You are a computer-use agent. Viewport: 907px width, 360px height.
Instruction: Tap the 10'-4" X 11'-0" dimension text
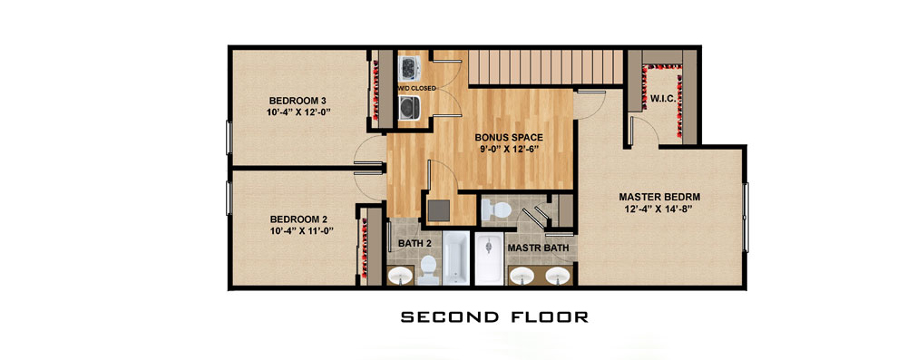click(x=303, y=230)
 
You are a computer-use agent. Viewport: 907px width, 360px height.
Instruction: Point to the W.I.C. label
click(x=663, y=99)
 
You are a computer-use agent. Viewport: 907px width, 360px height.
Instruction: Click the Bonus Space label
click(x=509, y=138)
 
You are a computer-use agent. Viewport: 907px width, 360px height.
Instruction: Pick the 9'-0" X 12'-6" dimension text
click(x=509, y=150)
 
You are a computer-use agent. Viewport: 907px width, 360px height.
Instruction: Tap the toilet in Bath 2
click(x=428, y=270)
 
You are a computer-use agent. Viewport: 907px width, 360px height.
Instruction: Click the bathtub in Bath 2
click(x=457, y=258)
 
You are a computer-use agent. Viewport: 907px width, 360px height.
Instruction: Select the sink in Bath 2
click(x=400, y=277)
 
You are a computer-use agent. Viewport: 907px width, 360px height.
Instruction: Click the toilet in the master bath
click(x=496, y=209)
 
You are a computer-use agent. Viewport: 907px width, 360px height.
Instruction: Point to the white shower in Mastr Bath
click(x=490, y=258)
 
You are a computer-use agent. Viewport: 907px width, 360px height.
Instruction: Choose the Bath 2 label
click(x=414, y=244)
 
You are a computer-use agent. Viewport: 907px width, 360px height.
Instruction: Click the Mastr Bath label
click(x=538, y=248)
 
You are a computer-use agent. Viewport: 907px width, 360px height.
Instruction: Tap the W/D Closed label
click(x=416, y=88)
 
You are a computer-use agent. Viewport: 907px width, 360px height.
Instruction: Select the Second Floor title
click(x=494, y=316)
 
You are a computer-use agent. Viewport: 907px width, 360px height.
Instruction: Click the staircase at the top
click(x=545, y=67)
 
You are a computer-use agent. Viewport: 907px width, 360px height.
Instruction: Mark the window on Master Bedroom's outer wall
click(x=746, y=217)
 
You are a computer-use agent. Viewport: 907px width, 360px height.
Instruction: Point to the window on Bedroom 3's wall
click(x=229, y=137)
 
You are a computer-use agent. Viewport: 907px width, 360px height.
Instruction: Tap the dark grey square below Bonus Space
click(x=439, y=210)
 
